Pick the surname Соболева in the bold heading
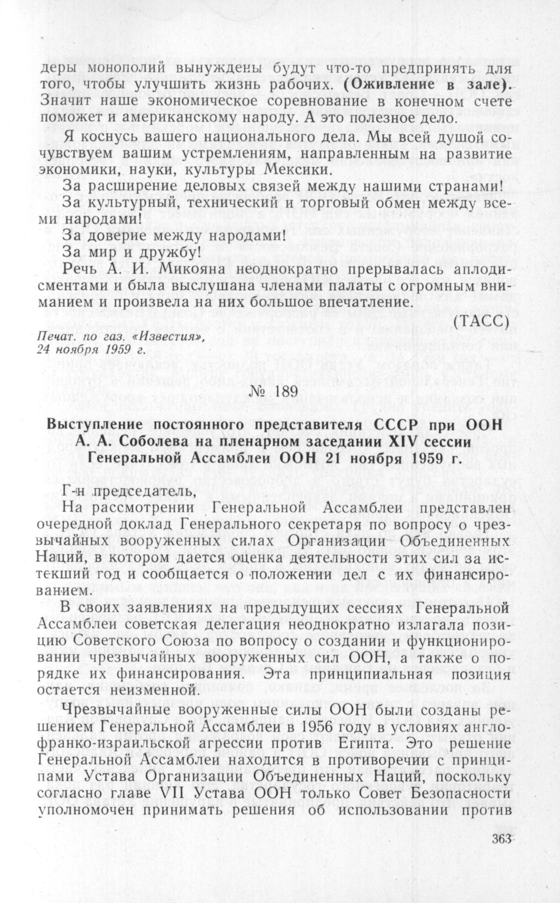point(159,441)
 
